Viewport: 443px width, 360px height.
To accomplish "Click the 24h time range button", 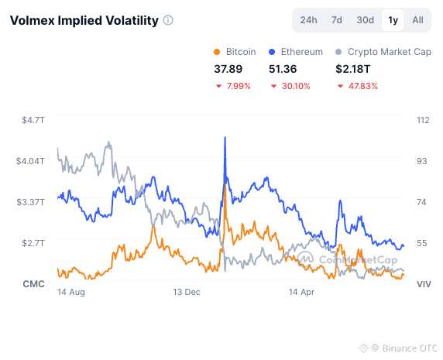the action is coord(308,20).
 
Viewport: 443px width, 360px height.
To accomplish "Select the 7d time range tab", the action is coord(336,20).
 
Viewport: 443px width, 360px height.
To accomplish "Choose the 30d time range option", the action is coord(365,20).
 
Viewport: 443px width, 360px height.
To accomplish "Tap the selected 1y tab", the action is coord(393,20).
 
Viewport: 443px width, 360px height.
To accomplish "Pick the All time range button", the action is coord(417,20).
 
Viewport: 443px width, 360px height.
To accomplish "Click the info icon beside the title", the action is coord(168,20).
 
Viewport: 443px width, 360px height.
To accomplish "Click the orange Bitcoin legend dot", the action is coord(217,52).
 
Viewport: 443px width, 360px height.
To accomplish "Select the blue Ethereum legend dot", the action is coord(272,52).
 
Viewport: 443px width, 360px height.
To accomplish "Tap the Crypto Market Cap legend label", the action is coord(390,52).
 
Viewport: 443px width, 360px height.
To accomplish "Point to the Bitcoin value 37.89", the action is coord(228,69).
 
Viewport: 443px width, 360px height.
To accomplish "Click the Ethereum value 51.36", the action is coord(283,69).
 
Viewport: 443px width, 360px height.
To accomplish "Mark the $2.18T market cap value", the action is coord(352,69).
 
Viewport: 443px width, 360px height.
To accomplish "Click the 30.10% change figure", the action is coord(296,86).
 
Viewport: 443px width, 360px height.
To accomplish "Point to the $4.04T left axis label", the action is coord(30,161).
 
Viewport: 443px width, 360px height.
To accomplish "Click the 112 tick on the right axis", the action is coord(423,120).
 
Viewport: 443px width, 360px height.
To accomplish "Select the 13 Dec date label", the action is coord(187,292).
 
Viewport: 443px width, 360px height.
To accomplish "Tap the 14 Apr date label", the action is coord(301,292).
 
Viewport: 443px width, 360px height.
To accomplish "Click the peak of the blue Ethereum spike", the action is coord(225,137).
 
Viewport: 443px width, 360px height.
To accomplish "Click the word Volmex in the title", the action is coord(32,21).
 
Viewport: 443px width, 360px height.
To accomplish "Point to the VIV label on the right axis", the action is coord(424,284).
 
